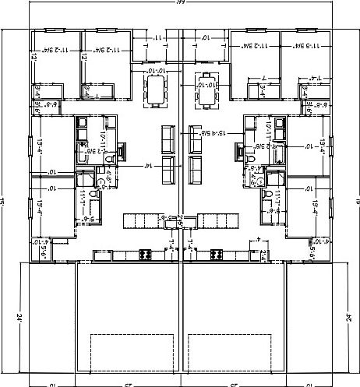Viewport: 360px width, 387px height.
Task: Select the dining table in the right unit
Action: click(206, 92)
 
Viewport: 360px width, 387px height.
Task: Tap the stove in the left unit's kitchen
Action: click(144, 255)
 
